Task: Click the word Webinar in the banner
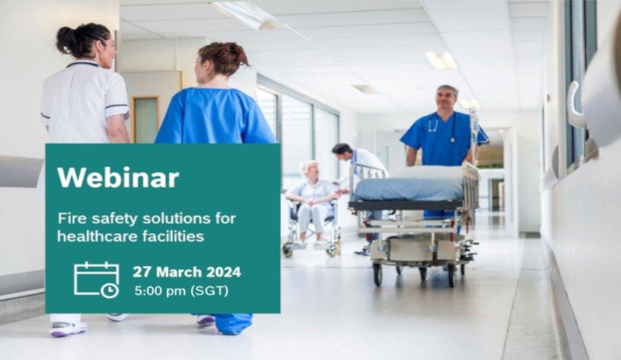pyautogui.click(x=118, y=178)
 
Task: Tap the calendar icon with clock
pyautogui.click(x=97, y=280)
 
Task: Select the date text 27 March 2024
pyautogui.click(x=186, y=272)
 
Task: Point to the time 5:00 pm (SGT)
pyautogui.click(x=182, y=291)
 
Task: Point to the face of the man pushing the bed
pyautogui.click(x=446, y=99)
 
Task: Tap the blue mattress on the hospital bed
pyautogui.click(x=408, y=190)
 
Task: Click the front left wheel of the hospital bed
pyautogui.click(x=377, y=274)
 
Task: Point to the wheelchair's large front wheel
pyautogui.click(x=288, y=250)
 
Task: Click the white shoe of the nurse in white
pyautogui.click(x=68, y=329)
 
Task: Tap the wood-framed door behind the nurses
pyautogui.click(x=145, y=120)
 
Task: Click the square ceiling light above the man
pyautogui.click(x=441, y=60)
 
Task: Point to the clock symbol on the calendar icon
pyautogui.click(x=109, y=290)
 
